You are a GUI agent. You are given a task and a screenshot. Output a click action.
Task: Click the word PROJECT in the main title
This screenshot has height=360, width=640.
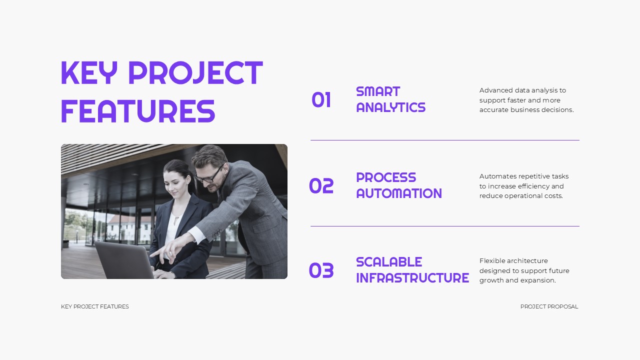[x=195, y=73]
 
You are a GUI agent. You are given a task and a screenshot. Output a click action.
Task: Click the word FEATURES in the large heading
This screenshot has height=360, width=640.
[x=138, y=111]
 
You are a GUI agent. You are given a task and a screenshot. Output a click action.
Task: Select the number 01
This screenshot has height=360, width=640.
[x=321, y=100]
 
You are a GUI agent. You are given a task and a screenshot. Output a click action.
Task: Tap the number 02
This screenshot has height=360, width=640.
[x=321, y=186]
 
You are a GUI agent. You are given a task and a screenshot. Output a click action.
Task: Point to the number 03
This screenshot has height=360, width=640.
[x=321, y=270]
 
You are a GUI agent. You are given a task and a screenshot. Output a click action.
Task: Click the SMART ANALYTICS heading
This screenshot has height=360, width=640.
[x=390, y=99]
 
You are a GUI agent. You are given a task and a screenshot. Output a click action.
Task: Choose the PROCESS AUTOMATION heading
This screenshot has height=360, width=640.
[x=398, y=185]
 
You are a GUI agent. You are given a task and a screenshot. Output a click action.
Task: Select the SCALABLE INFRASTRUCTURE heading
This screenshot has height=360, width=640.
[x=412, y=270]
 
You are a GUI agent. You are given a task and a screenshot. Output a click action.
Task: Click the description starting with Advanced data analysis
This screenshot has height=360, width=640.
[x=526, y=100]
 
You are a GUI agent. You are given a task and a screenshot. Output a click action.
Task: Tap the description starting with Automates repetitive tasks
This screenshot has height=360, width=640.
[x=523, y=186]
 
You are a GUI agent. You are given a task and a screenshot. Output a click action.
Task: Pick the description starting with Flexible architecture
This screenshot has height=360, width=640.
[x=524, y=270]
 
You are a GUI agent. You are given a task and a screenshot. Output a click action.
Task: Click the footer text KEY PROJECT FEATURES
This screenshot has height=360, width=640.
[x=94, y=306]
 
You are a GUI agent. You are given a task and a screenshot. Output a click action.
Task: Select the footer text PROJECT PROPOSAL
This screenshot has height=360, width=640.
[x=549, y=306]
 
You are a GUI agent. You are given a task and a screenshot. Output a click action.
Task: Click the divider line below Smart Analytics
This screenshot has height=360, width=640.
[x=444, y=140]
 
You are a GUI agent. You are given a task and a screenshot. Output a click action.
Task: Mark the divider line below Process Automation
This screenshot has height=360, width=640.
[x=444, y=226]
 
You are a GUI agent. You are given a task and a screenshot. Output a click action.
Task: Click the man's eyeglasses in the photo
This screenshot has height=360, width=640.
[x=209, y=175]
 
